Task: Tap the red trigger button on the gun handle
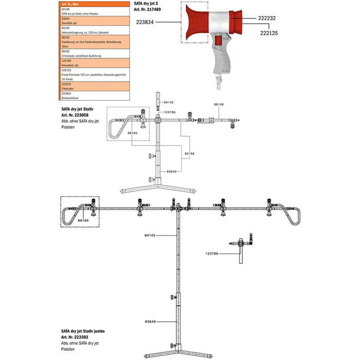219,41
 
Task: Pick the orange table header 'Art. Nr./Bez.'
67,4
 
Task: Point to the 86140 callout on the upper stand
220,104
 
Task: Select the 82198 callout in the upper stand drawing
190,153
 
